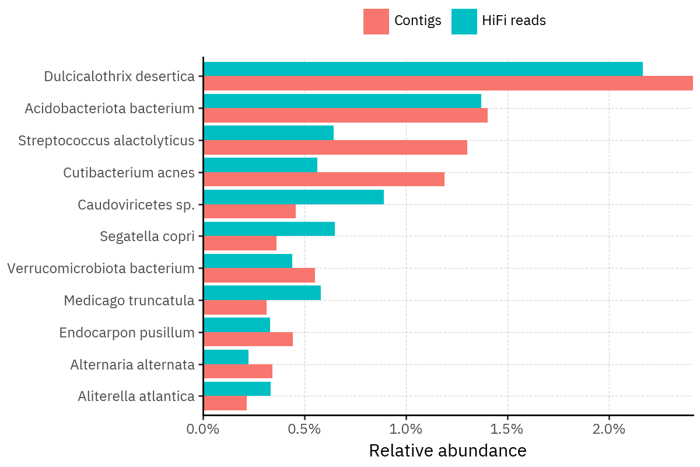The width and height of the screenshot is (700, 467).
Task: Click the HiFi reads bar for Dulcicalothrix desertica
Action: pos(423,69)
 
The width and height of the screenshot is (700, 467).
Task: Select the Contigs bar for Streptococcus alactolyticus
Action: pos(335,147)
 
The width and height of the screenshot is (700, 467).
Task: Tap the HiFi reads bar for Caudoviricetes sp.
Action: pos(293,197)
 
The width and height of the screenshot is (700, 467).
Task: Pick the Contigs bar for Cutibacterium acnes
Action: pos(324,179)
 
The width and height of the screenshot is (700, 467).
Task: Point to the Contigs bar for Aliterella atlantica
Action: pos(225,403)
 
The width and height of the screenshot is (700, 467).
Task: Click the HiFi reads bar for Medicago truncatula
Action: pos(262,293)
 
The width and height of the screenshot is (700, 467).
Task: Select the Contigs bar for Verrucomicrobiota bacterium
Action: pos(259,276)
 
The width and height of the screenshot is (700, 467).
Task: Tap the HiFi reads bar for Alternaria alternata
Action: pos(226,357)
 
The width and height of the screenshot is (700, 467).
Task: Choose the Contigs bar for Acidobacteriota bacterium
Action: pos(345,115)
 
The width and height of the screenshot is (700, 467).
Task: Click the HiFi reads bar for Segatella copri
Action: pos(269,229)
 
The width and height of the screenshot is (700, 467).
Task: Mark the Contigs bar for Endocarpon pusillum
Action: pos(248,339)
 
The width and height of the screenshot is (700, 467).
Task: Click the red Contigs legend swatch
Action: pos(376,22)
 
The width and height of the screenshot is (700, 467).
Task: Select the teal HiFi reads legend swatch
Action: pos(464,22)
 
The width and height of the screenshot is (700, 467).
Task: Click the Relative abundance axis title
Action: pos(447,451)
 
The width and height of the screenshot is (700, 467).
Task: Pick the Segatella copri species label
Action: pos(147,236)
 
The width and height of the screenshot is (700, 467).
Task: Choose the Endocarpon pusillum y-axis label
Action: pos(127,333)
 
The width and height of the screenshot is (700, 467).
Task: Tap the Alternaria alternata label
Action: pos(132,365)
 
